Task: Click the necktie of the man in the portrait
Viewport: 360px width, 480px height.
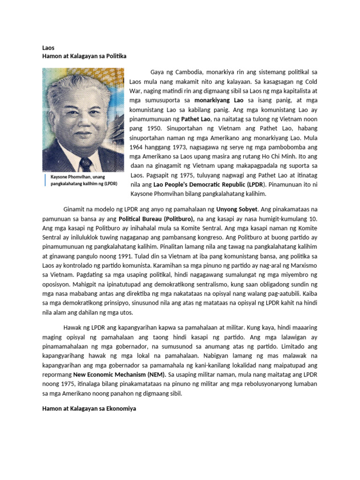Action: pos(85,164)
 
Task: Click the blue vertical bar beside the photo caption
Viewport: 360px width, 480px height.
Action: pos(46,180)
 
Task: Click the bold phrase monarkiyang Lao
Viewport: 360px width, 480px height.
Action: pos(219,100)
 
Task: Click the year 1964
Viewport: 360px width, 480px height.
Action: pos(137,147)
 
